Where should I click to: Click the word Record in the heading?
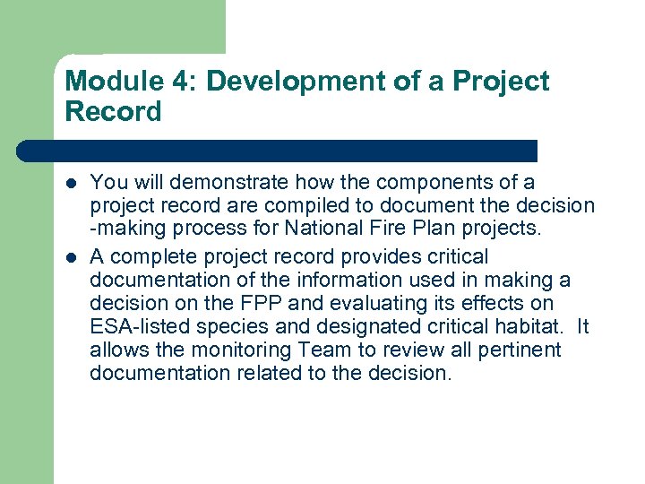coord(113,113)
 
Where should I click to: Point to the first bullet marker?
coord(73,184)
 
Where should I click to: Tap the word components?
coord(442,183)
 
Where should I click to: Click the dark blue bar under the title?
coord(278,150)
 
